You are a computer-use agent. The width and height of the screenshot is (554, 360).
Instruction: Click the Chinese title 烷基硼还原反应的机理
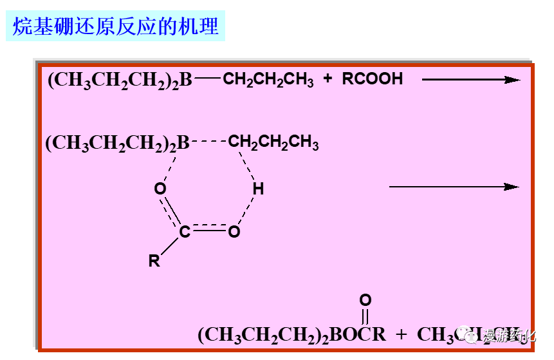(x=116, y=26)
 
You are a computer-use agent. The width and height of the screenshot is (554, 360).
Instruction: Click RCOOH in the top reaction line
(x=372, y=79)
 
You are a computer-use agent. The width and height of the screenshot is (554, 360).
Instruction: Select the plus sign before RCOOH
(x=328, y=79)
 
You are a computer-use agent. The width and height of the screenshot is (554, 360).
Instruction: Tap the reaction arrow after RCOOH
(x=470, y=80)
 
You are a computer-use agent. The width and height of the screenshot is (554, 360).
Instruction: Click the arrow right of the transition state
(x=454, y=187)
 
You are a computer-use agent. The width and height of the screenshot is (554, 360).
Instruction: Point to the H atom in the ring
(x=258, y=189)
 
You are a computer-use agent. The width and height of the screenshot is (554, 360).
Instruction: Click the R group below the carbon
(x=154, y=261)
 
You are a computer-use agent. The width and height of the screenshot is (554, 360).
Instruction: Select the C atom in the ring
(x=185, y=232)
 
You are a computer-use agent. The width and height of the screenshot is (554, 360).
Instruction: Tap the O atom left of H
(x=160, y=189)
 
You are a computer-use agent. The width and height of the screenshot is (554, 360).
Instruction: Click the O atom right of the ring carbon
(x=234, y=232)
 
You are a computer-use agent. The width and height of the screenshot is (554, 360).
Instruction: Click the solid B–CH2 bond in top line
(x=207, y=79)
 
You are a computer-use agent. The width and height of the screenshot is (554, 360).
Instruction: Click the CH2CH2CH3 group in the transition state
(x=273, y=142)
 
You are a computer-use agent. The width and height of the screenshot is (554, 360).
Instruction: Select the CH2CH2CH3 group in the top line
(x=268, y=80)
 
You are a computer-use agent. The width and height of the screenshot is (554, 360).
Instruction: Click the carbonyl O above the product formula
(x=365, y=300)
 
